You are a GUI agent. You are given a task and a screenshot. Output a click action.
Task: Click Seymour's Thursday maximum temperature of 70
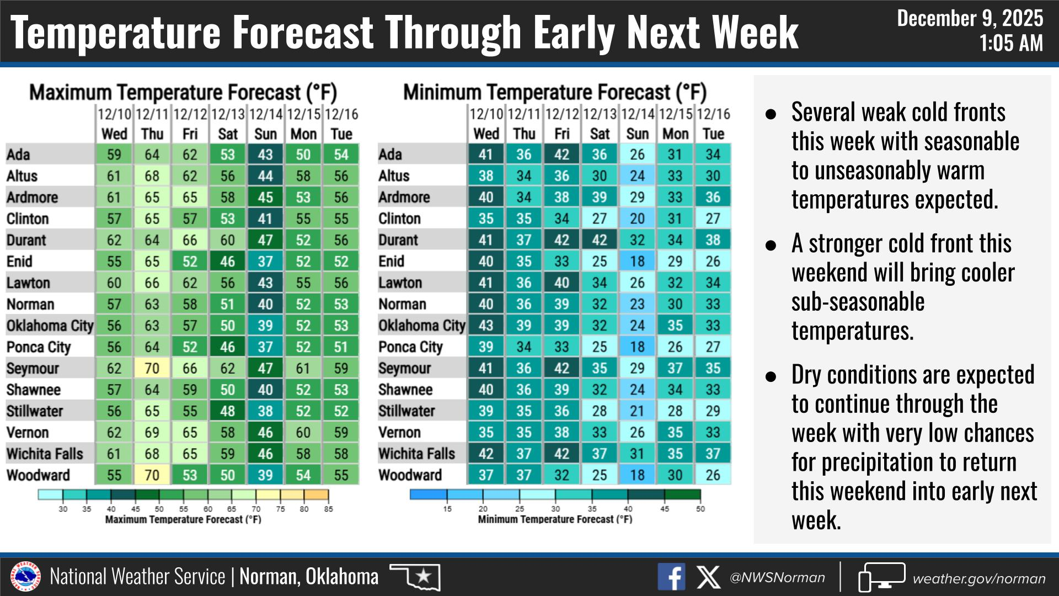152,368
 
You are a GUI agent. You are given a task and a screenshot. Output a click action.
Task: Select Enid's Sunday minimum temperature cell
637,261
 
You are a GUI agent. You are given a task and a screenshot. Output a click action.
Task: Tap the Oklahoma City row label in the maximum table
50,326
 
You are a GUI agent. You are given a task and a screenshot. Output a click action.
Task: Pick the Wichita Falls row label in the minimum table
416,454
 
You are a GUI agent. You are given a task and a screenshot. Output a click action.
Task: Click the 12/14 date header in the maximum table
265,115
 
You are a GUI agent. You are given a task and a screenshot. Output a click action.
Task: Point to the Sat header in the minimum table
600,134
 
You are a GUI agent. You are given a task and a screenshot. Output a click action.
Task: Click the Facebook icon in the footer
671,577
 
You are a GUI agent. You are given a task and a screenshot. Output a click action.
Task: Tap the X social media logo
708,577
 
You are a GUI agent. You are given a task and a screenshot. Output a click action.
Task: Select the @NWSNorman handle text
777,578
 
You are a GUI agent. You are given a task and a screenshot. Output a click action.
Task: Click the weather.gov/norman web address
979,578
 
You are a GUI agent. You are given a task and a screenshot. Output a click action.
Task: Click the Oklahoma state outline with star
415,577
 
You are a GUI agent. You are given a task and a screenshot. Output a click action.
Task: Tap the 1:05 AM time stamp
1011,43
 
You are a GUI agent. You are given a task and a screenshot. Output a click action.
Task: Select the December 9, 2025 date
970,19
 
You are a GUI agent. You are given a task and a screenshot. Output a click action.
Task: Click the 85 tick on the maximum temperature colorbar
328,509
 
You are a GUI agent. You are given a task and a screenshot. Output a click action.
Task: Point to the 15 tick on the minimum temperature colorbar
447,509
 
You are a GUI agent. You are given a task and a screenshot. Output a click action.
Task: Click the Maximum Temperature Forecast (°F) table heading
183,92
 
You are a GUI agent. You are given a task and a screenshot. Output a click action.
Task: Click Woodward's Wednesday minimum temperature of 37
485,475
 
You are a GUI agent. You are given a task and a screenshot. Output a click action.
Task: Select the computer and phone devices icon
881,577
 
